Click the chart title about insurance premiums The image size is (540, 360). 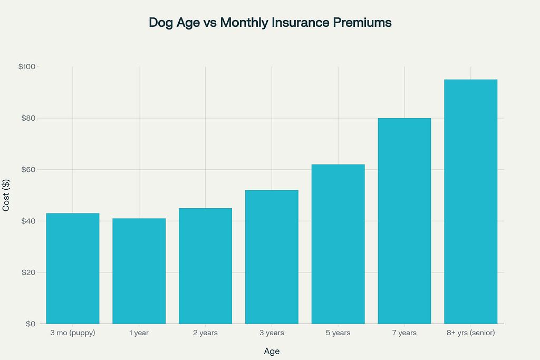(x=270, y=23)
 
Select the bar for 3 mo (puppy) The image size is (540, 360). (x=73, y=268)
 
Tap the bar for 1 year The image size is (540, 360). (x=139, y=271)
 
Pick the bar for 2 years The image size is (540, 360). (x=206, y=266)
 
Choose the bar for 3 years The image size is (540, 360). (x=272, y=257)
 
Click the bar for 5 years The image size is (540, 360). (x=338, y=244)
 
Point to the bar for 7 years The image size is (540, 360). (x=404, y=221)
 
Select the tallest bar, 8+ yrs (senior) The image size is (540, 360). (x=471, y=201)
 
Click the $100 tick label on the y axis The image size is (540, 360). (x=26, y=67)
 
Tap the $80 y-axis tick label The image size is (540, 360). (x=28, y=118)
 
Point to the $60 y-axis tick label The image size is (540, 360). (x=28, y=170)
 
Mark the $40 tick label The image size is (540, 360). (x=28, y=221)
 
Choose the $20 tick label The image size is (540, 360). (x=28, y=273)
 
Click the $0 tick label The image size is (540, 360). (x=30, y=324)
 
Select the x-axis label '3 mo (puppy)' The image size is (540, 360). (x=73, y=333)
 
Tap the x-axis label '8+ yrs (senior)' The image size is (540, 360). (x=471, y=333)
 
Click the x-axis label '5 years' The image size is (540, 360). (x=338, y=333)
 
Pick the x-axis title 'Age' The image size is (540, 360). (x=271, y=351)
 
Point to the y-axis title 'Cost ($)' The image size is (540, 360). (x=6, y=195)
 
